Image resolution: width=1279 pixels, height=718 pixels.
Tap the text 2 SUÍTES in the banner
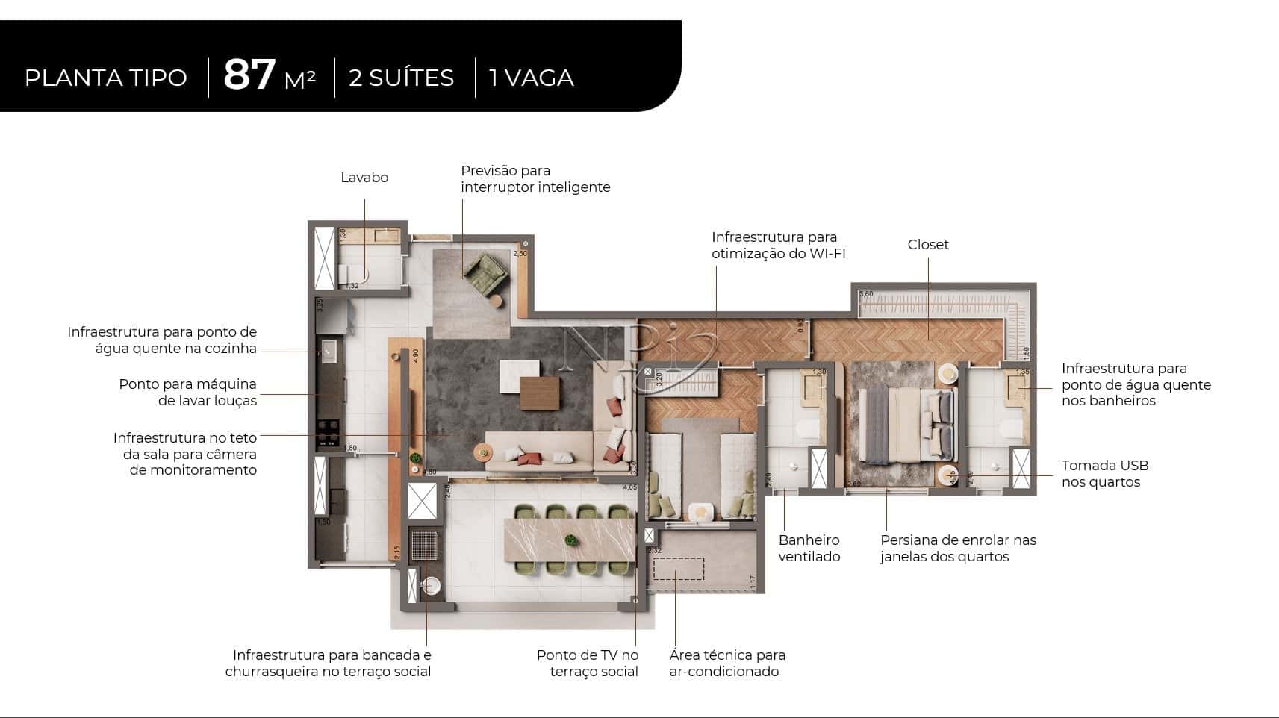401,78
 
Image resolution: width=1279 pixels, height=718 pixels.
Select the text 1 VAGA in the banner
531,78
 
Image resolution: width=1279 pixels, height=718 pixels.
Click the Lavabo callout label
364,178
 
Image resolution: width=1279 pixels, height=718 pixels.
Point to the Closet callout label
928,245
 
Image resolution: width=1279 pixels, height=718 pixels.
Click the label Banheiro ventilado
809,549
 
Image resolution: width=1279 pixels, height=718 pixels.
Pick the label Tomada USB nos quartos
1104,474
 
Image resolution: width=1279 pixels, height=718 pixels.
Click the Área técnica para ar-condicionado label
727,664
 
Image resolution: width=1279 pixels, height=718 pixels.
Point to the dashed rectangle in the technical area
679,569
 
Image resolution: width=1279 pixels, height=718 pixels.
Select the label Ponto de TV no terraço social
588,664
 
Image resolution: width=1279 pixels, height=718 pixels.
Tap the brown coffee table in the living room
539,393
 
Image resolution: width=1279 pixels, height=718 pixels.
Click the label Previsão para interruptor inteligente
535,179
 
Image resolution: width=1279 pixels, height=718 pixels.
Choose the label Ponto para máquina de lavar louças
187,393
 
